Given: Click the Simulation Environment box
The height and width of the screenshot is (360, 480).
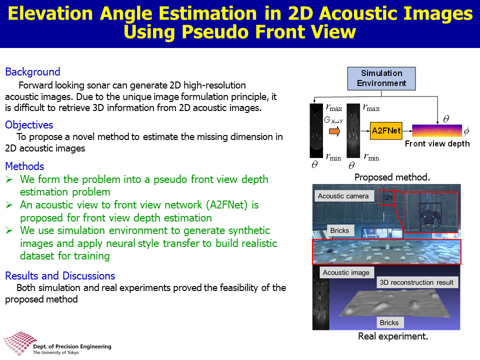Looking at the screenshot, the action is tap(381, 78).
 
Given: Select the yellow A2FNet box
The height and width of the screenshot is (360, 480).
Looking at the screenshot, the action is tap(386, 130).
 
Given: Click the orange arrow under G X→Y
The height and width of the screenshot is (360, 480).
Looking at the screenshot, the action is tap(334, 131).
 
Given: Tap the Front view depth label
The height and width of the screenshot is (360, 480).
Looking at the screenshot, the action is tap(437, 143).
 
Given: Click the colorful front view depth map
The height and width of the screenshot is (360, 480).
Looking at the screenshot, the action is tap(437, 130).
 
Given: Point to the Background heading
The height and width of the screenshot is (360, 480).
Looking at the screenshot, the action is tap(33, 72).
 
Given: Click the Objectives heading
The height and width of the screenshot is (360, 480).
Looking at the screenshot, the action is tap(29, 125).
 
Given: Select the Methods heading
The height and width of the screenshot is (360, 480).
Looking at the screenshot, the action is tap(25, 166).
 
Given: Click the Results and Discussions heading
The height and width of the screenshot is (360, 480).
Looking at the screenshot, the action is tap(60, 276).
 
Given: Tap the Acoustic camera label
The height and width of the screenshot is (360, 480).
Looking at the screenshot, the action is tap(343, 196).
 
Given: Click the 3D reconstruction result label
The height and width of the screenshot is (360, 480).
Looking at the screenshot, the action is tap(416, 282).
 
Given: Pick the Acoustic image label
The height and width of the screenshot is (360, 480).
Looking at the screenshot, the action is tap(346, 272).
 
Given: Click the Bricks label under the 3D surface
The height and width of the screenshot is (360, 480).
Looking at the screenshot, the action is tap(389, 322).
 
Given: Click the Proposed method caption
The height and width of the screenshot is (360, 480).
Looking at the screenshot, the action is tap(392, 177).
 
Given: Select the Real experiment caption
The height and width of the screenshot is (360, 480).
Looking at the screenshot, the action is tap(393, 336).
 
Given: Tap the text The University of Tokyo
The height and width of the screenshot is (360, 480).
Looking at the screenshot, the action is tap(55, 352).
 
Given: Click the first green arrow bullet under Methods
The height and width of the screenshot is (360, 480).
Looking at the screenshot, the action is tap(9, 179).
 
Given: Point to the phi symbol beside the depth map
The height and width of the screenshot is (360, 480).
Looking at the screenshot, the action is tap(466, 131).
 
